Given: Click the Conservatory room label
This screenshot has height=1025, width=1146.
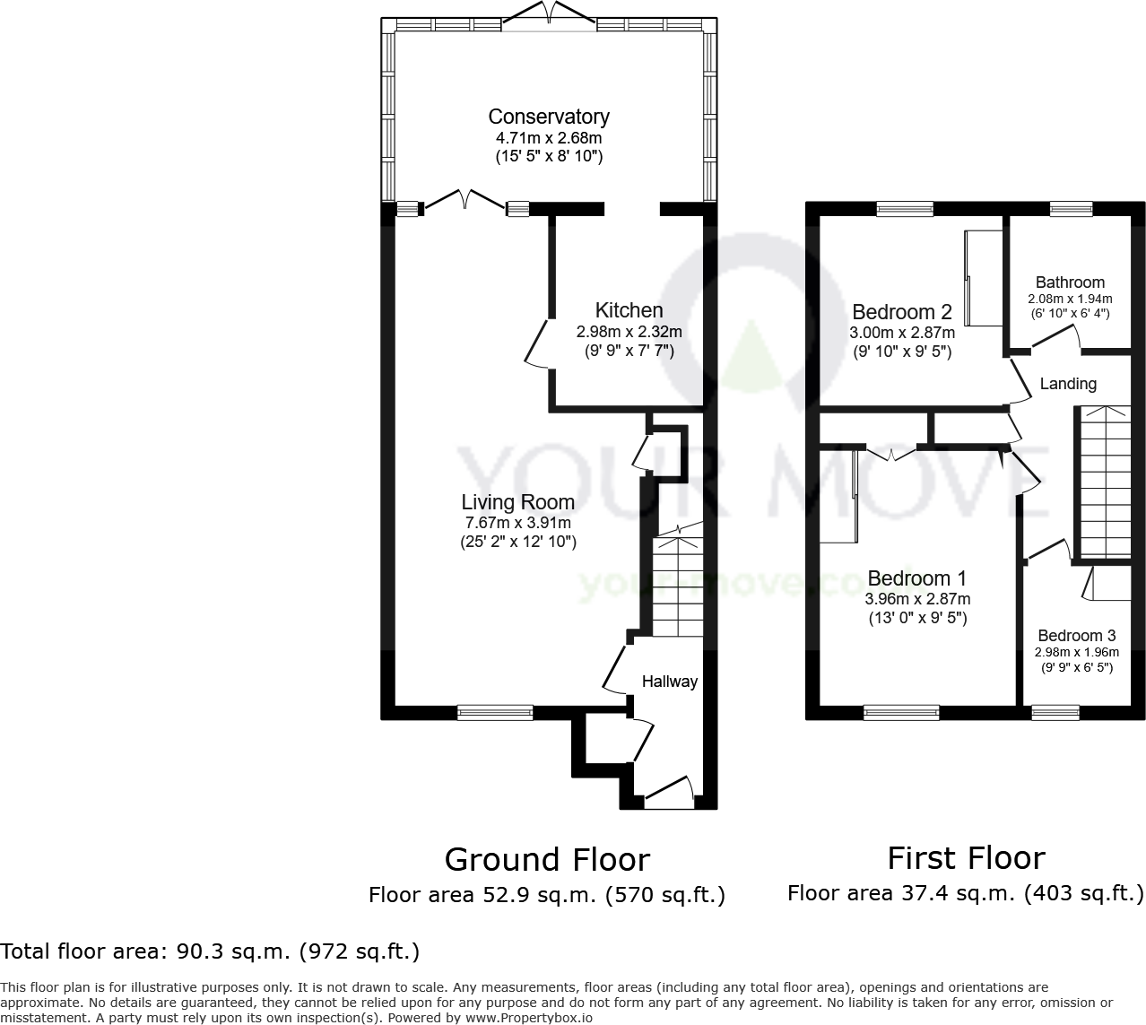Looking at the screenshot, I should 548,117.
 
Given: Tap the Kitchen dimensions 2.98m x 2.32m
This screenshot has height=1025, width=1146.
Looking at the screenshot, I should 629,332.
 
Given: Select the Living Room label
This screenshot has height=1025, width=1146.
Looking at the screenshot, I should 517,502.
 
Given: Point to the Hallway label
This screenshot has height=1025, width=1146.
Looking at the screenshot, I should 669,682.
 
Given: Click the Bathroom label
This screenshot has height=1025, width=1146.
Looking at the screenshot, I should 1070,282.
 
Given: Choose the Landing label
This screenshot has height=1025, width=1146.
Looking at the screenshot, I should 1067,384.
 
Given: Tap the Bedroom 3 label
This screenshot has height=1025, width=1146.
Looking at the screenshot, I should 1076,636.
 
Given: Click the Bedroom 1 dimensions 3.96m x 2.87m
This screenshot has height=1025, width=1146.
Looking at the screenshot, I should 916,599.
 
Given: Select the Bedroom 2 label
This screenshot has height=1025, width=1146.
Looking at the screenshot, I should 901,312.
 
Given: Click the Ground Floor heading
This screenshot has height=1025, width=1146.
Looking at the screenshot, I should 547,860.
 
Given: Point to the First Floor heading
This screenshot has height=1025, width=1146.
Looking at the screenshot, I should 966,858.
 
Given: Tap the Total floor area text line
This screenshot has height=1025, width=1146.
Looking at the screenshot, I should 210,951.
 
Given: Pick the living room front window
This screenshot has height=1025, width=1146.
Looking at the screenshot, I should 495,713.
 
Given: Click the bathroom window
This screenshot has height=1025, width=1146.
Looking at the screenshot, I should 1071,209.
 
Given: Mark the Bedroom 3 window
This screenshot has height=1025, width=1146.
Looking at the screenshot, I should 1055,713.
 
